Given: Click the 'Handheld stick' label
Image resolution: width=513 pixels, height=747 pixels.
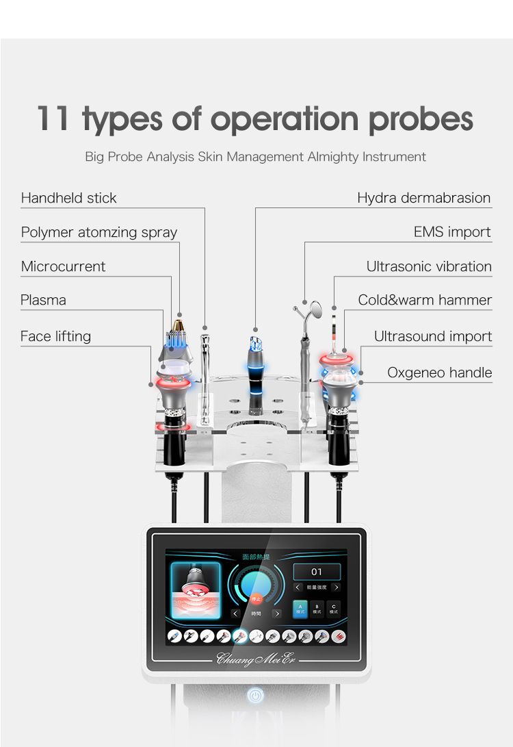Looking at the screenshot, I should coord(68,199).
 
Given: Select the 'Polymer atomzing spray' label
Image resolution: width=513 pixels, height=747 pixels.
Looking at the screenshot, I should coord(99,233).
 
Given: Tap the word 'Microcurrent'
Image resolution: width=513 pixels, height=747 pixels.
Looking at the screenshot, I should coord(63,267).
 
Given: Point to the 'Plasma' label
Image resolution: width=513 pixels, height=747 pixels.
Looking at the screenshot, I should coord(43,301).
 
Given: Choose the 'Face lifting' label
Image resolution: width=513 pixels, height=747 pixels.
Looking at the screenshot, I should coord(55,337).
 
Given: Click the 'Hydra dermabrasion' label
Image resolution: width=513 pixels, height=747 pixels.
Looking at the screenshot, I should coord(424,199).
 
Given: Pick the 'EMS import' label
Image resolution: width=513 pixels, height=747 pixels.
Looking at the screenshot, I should coord(452,233).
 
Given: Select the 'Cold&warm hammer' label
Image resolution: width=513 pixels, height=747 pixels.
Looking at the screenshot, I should coord(425,301).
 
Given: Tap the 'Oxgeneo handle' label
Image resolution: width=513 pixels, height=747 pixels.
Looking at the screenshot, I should coord(440,373).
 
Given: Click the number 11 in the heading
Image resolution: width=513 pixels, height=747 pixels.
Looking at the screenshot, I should coord(53,118).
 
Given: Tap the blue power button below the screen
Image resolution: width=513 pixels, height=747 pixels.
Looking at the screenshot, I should coord(255,696).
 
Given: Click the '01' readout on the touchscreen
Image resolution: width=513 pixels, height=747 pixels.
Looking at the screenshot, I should coord(317,572).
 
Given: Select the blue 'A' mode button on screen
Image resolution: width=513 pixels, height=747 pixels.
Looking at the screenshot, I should coord(300,608).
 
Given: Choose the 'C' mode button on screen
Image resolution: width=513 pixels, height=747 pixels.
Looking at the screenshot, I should coord(333,608).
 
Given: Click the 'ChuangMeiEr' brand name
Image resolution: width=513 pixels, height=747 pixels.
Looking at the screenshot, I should coord(254,659).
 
